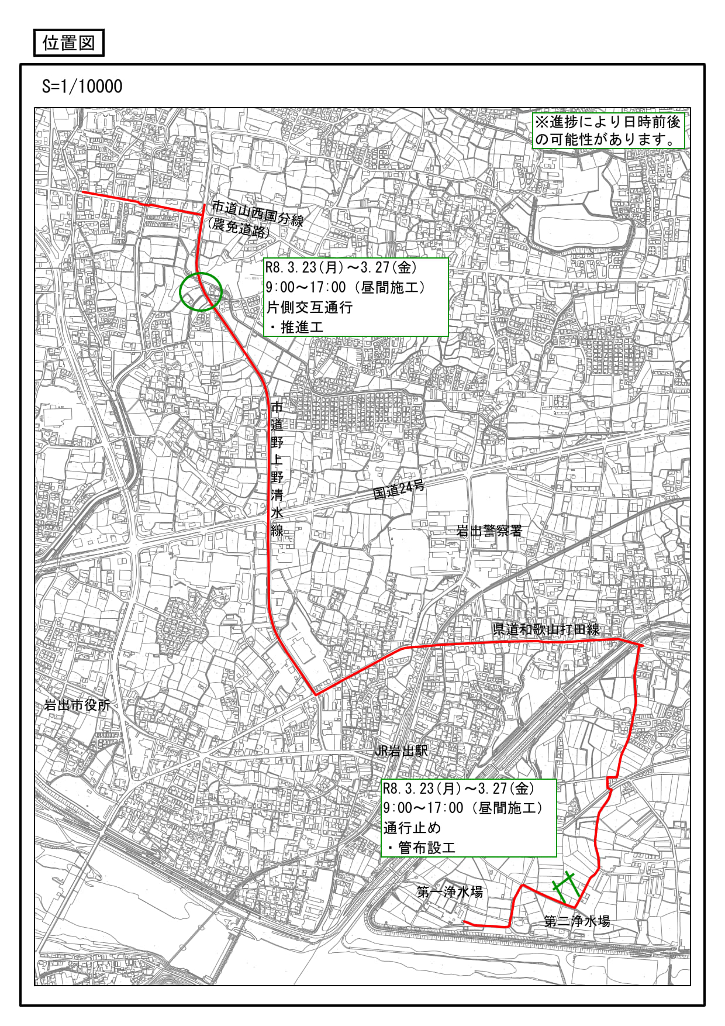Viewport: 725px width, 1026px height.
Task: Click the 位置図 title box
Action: (x=68, y=43)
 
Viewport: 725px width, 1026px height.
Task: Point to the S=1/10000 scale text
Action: (x=82, y=87)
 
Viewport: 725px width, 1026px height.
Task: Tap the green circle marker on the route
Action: (x=201, y=291)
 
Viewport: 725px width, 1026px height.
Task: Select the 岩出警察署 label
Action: (x=489, y=531)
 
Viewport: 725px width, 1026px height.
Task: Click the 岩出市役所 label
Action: (x=77, y=705)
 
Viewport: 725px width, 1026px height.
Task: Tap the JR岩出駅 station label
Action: (x=401, y=750)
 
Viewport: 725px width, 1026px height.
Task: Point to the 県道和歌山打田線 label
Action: (x=546, y=629)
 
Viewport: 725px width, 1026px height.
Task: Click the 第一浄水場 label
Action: (x=450, y=892)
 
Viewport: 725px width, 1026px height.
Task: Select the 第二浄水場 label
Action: (x=577, y=921)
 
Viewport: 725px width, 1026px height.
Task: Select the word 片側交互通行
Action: (x=310, y=307)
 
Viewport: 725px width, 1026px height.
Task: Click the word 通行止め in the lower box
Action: (x=412, y=828)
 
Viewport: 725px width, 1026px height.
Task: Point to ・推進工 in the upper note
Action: (x=296, y=327)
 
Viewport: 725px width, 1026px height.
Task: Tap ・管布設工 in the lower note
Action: (x=420, y=848)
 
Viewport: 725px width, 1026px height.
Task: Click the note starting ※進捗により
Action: (x=608, y=130)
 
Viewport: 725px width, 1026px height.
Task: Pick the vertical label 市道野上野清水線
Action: (x=277, y=468)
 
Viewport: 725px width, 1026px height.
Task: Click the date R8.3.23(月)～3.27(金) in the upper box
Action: (x=341, y=268)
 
